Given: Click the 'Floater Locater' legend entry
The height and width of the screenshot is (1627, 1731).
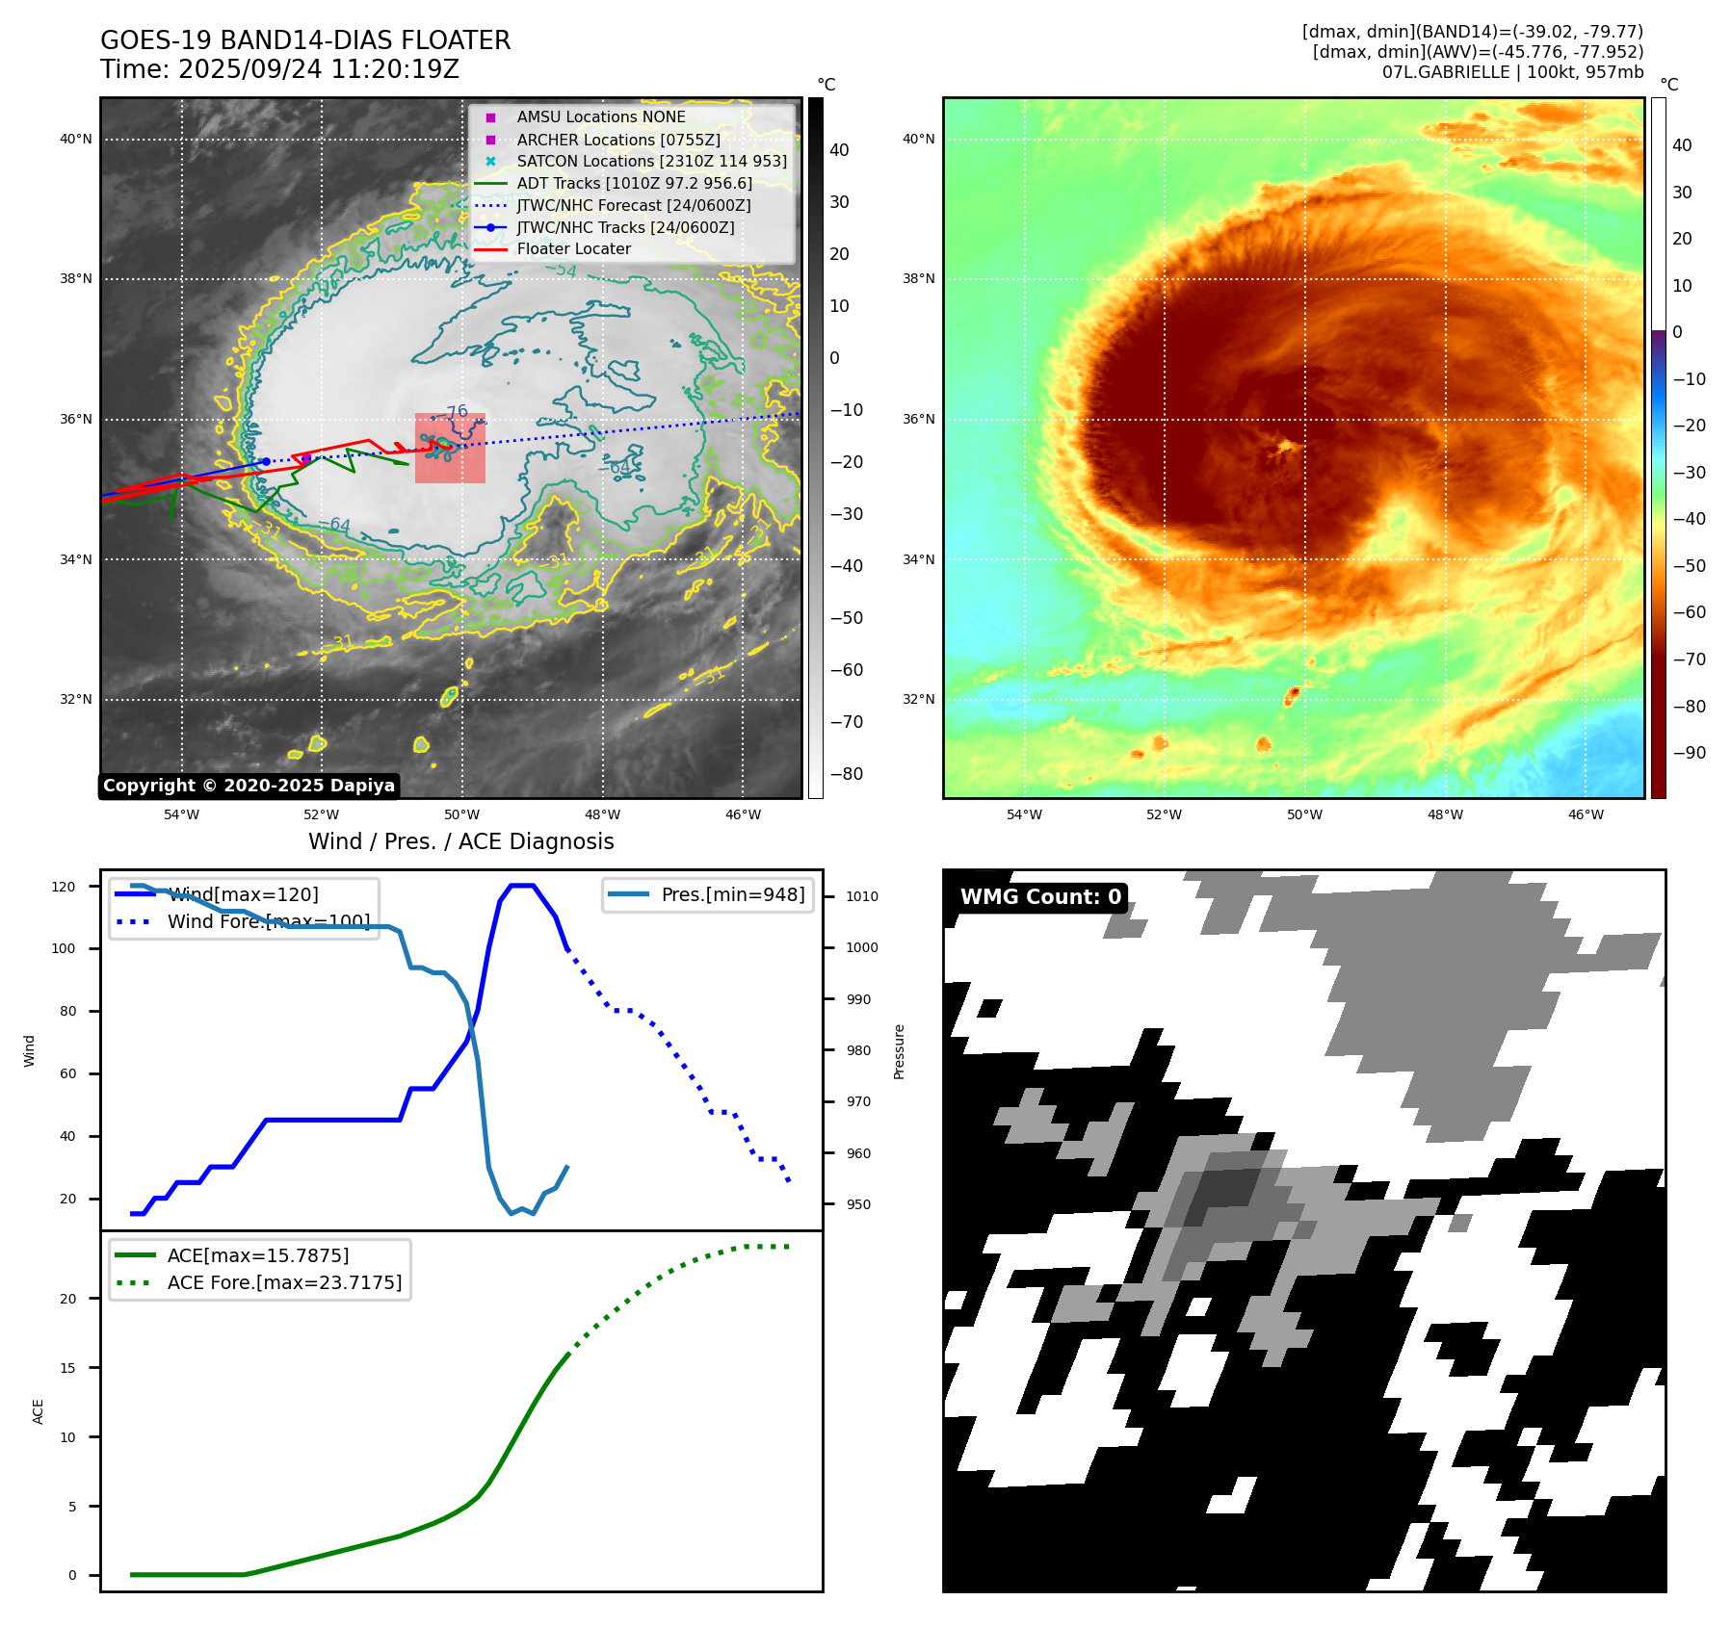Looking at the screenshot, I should [x=573, y=249].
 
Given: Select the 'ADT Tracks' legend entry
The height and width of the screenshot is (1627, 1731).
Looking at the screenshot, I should [x=634, y=183].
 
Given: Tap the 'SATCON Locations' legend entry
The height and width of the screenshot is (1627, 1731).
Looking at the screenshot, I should [x=651, y=162].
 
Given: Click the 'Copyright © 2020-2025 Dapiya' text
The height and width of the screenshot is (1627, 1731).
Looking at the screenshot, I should [x=249, y=786].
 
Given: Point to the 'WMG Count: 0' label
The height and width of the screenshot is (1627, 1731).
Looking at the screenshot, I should [x=1040, y=897].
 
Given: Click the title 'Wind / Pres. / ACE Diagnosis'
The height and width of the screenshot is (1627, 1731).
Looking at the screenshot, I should [x=460, y=841].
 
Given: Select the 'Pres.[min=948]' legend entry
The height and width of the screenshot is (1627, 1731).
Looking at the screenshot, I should [x=732, y=894].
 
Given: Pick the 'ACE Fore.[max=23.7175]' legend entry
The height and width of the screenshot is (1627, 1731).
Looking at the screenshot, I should [x=284, y=1282].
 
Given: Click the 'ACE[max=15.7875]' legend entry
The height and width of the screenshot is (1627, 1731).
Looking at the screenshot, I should [x=257, y=1255].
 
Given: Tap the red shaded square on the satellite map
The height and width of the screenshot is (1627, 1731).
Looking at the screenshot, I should [x=450, y=449].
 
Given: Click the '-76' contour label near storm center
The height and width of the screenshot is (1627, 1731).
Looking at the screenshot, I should [x=456, y=412].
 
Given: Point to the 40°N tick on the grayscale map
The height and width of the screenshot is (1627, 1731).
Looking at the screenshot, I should [x=76, y=140].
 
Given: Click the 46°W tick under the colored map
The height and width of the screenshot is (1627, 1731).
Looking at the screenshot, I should [x=1586, y=814].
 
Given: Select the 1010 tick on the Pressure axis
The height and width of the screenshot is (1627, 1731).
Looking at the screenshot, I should [x=861, y=896].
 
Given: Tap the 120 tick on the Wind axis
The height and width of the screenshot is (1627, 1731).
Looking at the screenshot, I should [x=64, y=887].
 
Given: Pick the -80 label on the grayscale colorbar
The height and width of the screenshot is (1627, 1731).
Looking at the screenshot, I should [x=846, y=774].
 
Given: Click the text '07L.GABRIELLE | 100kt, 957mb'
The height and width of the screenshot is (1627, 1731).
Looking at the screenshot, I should [x=1512, y=72].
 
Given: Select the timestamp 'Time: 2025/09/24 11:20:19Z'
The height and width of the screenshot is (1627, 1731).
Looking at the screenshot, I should [x=279, y=69].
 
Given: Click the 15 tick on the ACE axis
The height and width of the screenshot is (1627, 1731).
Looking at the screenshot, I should [x=67, y=1368].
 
